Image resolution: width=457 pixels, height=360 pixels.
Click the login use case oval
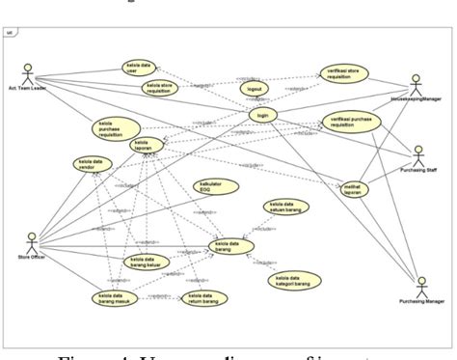[x=260, y=115]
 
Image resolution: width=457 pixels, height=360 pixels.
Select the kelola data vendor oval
[x=92, y=164]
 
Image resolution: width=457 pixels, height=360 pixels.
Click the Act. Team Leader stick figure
[x=28, y=74]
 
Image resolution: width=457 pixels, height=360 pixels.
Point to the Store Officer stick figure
[x=31, y=238]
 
